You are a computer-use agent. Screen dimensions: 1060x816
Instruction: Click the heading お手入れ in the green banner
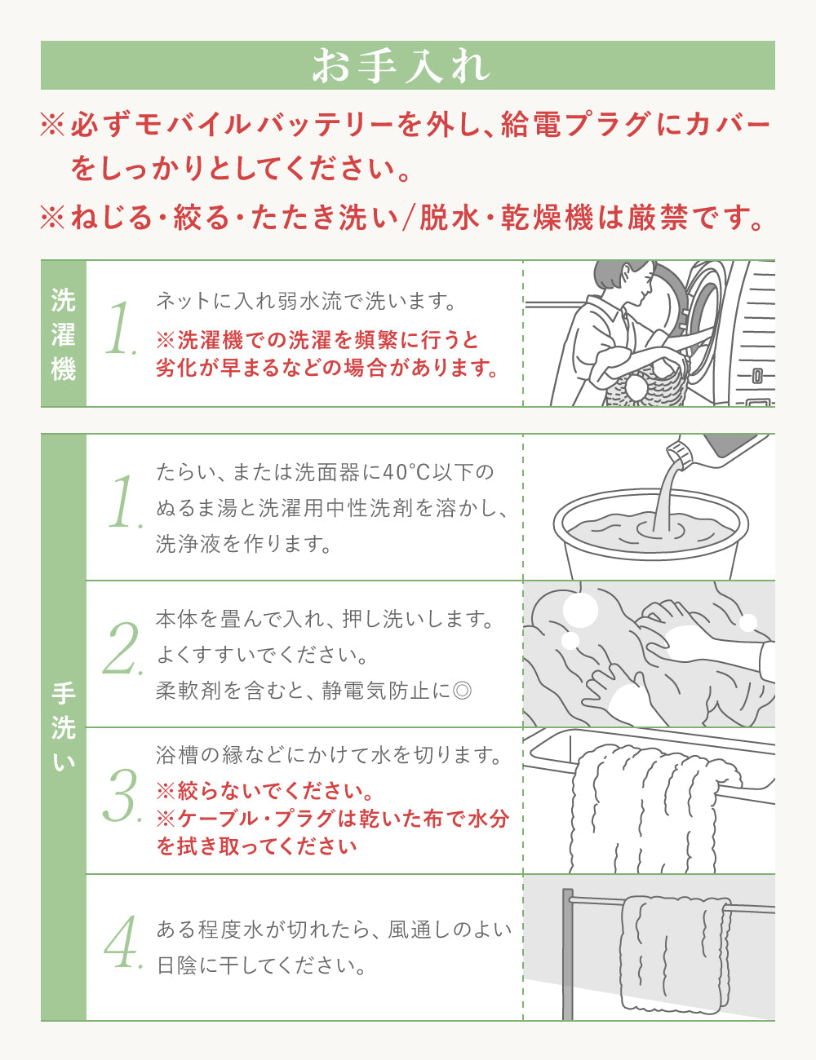(401, 66)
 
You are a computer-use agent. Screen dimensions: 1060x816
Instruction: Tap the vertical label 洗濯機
(63, 334)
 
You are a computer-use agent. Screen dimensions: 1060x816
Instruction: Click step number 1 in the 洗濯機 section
(120, 329)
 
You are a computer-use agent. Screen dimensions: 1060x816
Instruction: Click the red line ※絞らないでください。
(265, 791)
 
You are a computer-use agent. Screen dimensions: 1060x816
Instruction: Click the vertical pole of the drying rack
(568, 954)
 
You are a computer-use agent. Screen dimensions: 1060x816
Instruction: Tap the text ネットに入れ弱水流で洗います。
(306, 301)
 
